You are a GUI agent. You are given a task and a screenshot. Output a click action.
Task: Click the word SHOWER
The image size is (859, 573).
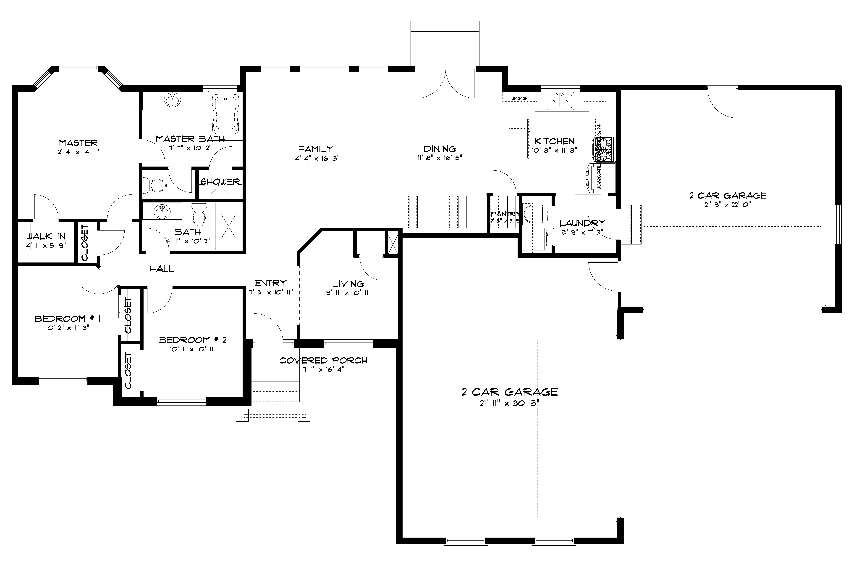click(x=220, y=182)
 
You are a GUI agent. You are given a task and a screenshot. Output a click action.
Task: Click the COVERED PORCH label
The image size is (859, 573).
click(x=323, y=361)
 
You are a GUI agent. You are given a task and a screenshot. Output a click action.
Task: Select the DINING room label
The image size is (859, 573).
click(x=440, y=149)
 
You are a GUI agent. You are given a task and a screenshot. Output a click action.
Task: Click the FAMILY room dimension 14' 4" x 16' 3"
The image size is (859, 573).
click(x=316, y=158)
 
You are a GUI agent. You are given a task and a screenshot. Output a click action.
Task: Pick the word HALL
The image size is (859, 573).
click(x=162, y=269)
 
